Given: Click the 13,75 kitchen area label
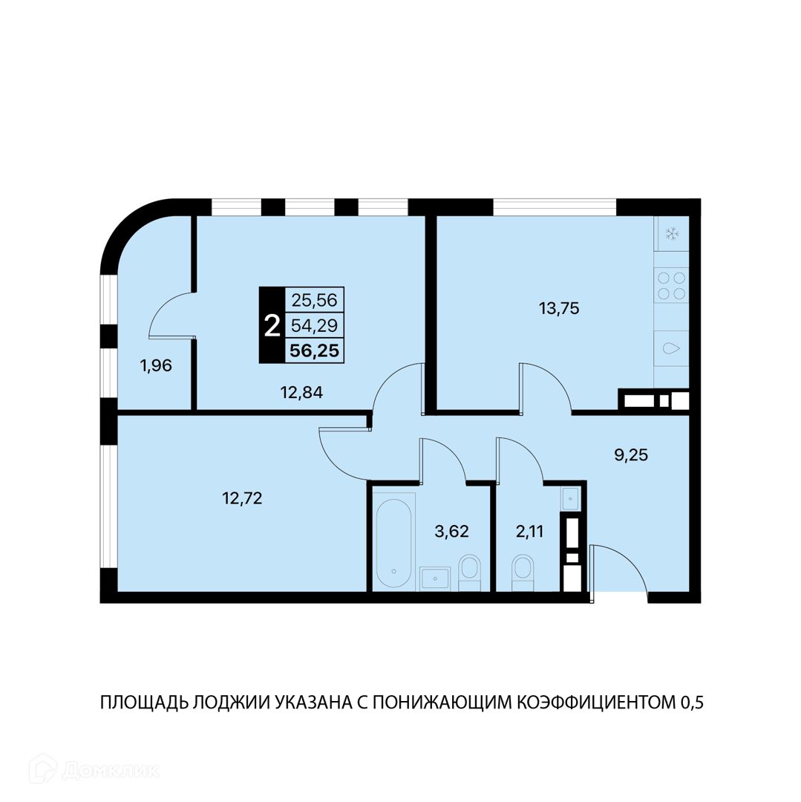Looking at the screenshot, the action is pos(559,309).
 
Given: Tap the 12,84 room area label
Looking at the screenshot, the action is pos(301,393).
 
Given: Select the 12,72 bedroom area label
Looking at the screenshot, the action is pos(242,498).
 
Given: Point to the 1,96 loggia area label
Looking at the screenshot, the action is pos(156,365).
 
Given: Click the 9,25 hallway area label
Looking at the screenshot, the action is pos(631,454).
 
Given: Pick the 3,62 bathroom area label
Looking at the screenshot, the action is pos(451,532).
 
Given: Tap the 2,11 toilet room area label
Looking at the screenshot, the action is pos(529,532).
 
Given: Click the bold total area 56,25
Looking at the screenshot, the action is pos(314,351).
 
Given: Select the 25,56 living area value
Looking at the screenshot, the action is pos(314,300).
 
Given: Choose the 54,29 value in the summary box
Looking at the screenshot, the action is pos(314,325).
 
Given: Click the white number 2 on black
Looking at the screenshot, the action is pos(272,326).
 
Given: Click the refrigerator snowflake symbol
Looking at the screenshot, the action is pos(672,234).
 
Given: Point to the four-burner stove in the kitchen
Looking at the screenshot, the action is pos(672,285).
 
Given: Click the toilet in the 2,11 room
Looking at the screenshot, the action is pos(523,572).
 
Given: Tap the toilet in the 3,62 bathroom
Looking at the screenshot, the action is pos(469,572).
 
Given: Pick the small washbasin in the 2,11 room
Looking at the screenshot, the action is pos(569,497).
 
